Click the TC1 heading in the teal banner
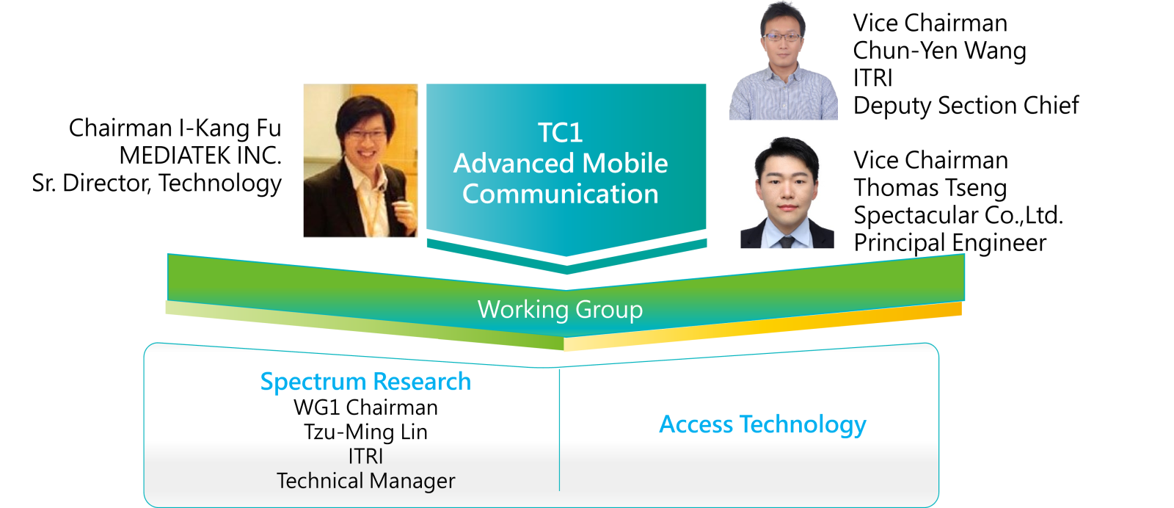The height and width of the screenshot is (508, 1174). click(x=561, y=133)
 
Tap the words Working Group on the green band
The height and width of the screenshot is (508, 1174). click(x=561, y=309)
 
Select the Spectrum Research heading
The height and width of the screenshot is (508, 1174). click(x=366, y=382)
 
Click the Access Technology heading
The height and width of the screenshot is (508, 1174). click(x=762, y=424)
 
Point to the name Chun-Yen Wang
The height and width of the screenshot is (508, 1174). click(x=939, y=51)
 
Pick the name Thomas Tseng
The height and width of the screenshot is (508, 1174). click(x=930, y=188)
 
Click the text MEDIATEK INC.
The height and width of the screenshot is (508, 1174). click(x=200, y=156)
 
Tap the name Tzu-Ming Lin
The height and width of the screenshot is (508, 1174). click(x=366, y=432)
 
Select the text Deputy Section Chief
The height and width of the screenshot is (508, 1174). click(x=966, y=106)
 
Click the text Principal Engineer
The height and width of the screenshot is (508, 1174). click(x=949, y=243)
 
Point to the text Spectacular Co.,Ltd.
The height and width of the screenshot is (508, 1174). click(x=958, y=215)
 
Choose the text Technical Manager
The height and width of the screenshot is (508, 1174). click(x=366, y=481)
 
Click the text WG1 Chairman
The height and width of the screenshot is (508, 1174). click(x=366, y=407)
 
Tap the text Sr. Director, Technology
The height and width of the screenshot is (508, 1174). click(x=157, y=184)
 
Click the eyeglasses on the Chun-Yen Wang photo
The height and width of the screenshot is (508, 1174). click(x=782, y=37)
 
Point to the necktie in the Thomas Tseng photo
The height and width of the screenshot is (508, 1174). click(x=786, y=242)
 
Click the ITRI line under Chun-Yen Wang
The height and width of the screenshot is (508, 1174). click(x=872, y=78)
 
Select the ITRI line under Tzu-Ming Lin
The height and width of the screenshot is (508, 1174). click(x=366, y=456)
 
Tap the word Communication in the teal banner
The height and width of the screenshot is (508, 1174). click(x=561, y=194)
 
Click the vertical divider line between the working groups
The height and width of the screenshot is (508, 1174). click(x=560, y=430)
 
